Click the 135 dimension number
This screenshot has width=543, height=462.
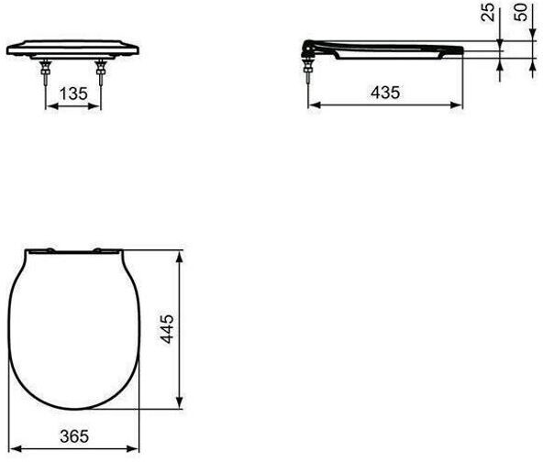point(73,93)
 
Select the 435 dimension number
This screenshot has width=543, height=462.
point(385,93)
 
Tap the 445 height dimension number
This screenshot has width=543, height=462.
point(168,329)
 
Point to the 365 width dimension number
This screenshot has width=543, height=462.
point(74,436)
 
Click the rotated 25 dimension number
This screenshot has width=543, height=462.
point(488,13)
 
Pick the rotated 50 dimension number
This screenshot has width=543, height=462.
point(520,12)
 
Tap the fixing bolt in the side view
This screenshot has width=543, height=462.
point(307,71)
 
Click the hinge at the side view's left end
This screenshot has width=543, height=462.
point(309,48)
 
